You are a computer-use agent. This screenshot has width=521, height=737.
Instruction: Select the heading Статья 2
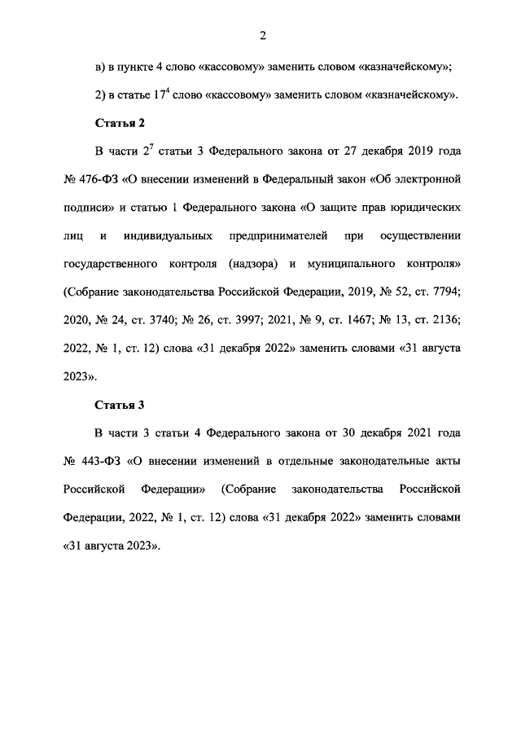pos(120,123)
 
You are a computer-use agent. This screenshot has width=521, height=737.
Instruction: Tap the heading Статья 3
pos(120,404)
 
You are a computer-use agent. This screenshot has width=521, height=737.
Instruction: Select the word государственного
pos(115,265)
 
